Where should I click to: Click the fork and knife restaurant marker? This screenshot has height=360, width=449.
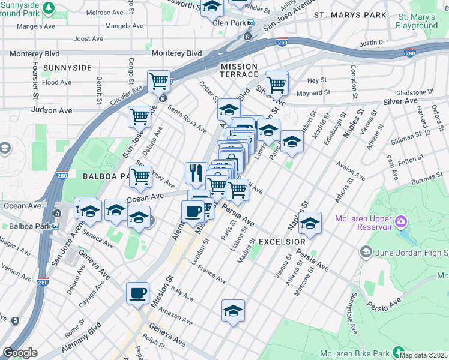196,173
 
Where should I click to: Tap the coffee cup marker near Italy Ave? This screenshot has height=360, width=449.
137,293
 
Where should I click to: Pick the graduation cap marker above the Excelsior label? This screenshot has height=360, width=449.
310,224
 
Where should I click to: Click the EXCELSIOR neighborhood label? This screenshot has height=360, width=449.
282,241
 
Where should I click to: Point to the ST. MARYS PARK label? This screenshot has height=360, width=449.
350,14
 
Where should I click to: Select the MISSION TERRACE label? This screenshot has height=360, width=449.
239,72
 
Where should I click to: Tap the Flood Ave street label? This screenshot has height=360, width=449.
57,82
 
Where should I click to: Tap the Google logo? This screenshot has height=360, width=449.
20,353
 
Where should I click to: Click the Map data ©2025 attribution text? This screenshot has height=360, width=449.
424,355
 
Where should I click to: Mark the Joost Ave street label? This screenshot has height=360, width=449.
88,39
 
